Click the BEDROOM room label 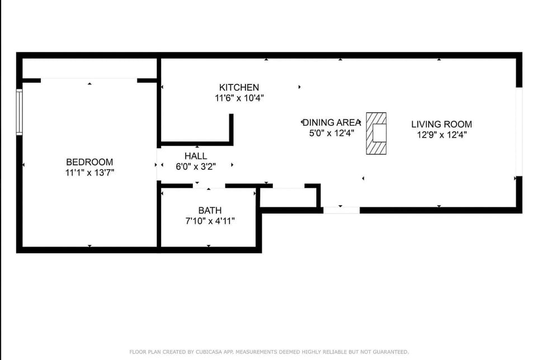pos(89,162)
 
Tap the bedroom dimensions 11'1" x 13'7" pos(89,173)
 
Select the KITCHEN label pos(239,87)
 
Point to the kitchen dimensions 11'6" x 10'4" pos(239,98)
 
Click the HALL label pos(195,156)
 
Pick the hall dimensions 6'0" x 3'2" pos(195,166)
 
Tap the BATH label pos(210,211)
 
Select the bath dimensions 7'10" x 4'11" pos(210,221)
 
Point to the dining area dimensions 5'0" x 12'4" pos(332,134)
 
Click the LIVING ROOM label pos(441,124)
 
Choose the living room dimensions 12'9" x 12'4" pos(441,135)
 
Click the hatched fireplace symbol pos(376,134)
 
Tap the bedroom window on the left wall pos(20,112)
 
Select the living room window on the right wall pos(519,132)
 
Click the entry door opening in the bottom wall pos(341,210)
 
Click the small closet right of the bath pos(289,197)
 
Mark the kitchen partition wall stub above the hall pos(231,129)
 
